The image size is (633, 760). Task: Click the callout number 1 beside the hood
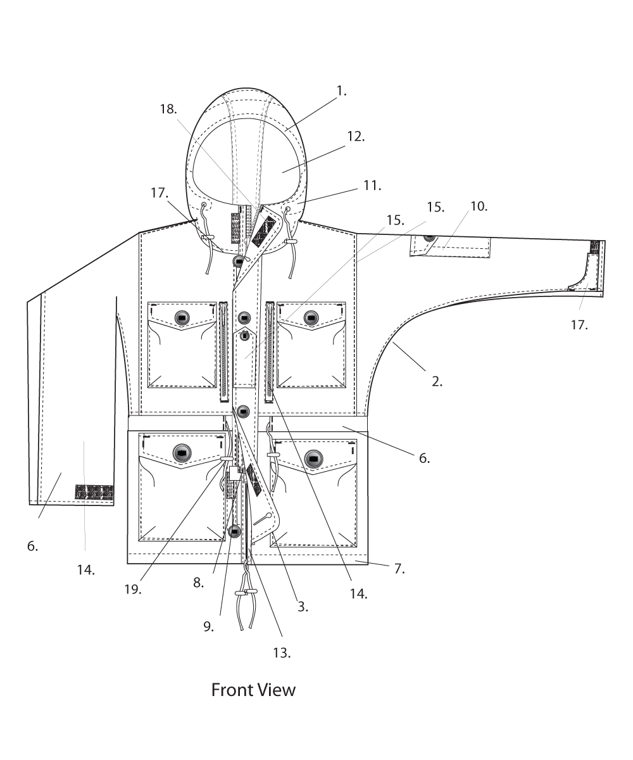click(x=342, y=91)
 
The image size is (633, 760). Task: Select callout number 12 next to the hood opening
click(x=356, y=136)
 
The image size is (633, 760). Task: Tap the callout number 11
click(x=372, y=186)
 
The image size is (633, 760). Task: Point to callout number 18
click(x=168, y=109)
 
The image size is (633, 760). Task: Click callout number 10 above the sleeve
click(x=478, y=206)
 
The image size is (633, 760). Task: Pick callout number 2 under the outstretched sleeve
click(x=436, y=381)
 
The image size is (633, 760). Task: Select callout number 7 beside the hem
click(x=398, y=568)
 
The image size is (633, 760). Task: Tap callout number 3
click(x=303, y=606)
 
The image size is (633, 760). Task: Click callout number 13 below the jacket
click(x=282, y=653)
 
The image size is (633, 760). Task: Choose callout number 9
click(x=209, y=626)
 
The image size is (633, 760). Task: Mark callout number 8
click(x=198, y=583)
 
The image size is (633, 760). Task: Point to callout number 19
click(x=133, y=588)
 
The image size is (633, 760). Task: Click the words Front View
click(x=253, y=689)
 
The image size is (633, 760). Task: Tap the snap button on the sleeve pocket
click(x=429, y=237)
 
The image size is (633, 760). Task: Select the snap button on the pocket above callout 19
click(x=182, y=453)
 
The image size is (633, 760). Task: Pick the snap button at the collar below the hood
click(x=239, y=261)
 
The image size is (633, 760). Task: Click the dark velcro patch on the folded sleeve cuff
click(x=94, y=492)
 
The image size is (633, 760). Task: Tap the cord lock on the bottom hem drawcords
click(x=246, y=593)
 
